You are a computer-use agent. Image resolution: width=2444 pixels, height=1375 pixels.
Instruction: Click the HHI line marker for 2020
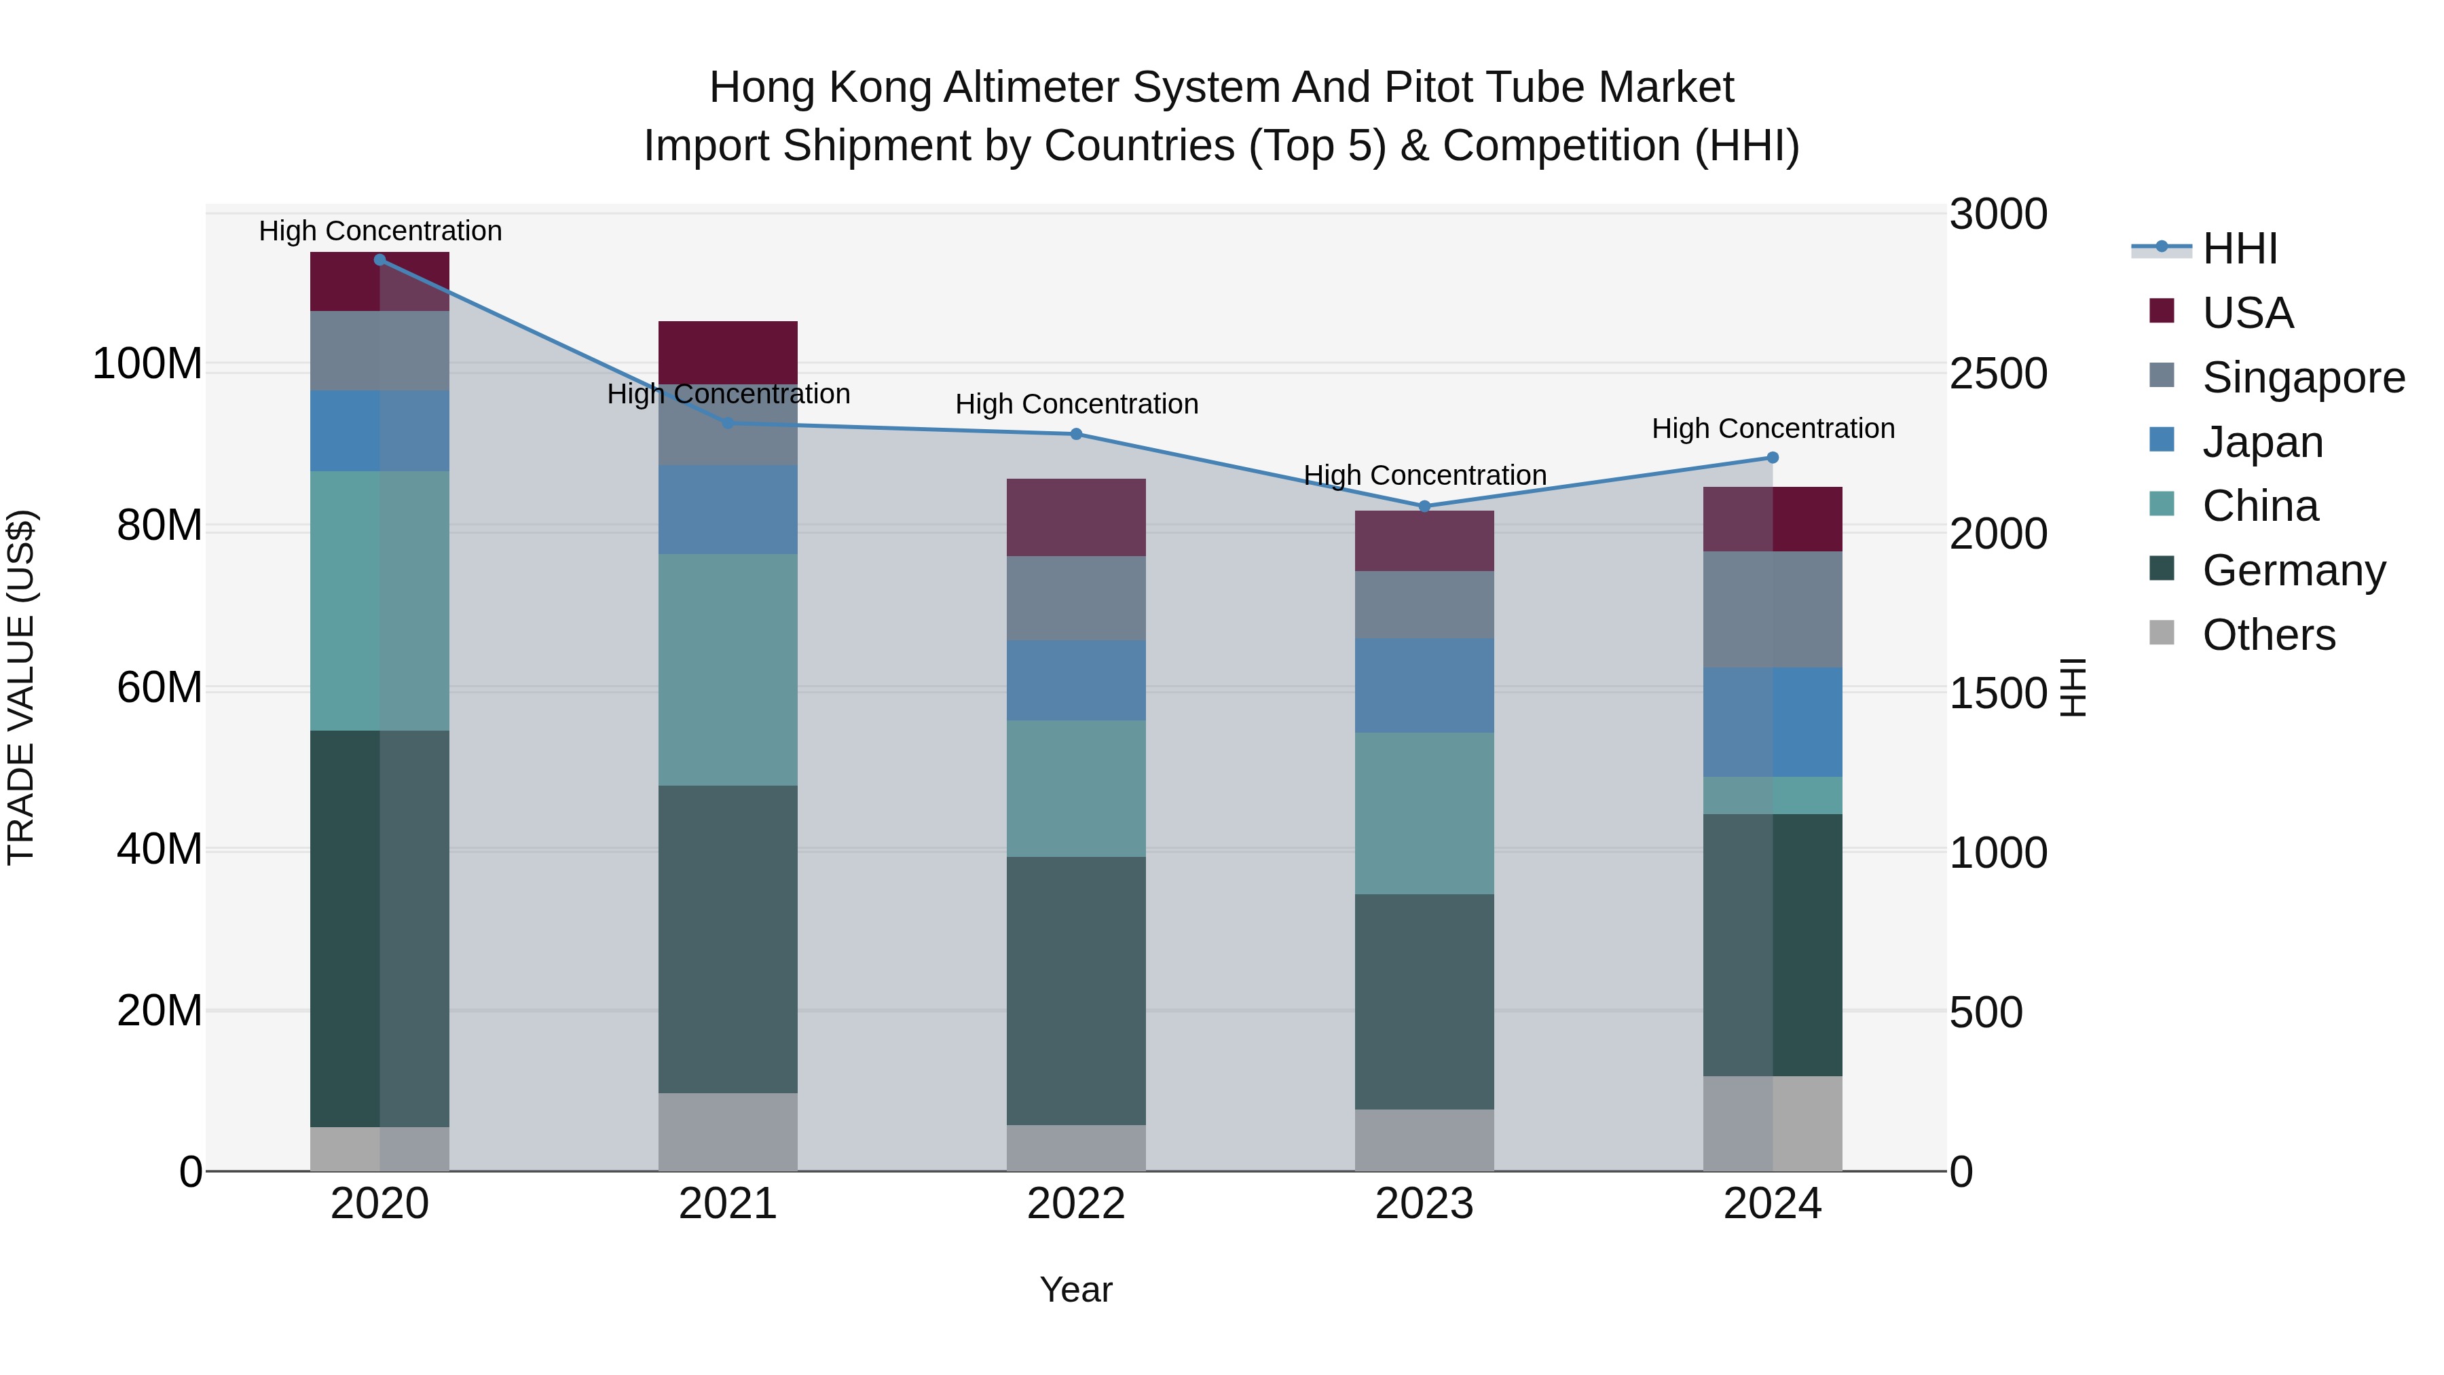379,259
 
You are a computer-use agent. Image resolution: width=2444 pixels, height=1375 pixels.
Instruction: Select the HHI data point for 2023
1424,507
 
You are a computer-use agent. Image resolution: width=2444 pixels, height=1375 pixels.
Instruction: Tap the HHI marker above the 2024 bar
1773,458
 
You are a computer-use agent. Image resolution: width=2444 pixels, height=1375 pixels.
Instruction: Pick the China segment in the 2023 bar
1424,813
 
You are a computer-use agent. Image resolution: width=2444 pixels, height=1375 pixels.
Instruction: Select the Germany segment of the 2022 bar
1076,991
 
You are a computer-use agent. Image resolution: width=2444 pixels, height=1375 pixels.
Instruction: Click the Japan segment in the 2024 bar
1773,722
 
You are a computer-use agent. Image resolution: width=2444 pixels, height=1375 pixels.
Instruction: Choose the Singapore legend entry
2303,378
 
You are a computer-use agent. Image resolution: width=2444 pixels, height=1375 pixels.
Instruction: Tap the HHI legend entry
2239,249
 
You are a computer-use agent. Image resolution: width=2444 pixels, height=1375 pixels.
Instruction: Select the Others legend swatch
2162,633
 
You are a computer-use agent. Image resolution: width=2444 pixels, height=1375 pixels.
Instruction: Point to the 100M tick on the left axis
147,365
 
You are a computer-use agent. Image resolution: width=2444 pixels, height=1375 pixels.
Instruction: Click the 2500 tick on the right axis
1998,374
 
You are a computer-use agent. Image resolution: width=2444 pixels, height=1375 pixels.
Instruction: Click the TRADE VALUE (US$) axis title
21,687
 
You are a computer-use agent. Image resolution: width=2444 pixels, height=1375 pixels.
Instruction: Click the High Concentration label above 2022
1076,404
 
